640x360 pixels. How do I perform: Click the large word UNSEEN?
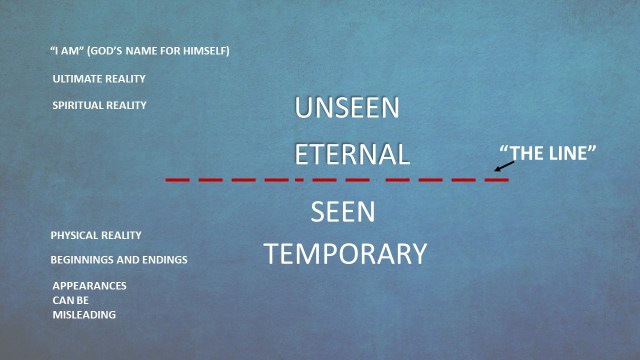pyautogui.click(x=347, y=109)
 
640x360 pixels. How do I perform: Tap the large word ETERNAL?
pyautogui.click(x=352, y=154)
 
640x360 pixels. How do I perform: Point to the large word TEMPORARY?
pyautogui.click(x=345, y=254)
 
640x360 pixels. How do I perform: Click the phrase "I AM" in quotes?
pyautogui.click(x=65, y=51)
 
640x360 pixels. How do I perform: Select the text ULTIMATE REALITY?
pyautogui.click(x=99, y=78)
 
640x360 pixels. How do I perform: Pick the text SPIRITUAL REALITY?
pyautogui.click(x=99, y=105)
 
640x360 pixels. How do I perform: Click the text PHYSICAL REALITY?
pyautogui.click(x=96, y=235)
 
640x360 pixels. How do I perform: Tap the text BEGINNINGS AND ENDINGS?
pyautogui.click(x=119, y=260)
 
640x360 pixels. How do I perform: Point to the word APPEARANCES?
pyautogui.click(x=89, y=285)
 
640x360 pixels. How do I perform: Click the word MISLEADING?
pyautogui.click(x=84, y=315)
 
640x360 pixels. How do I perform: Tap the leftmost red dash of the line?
pyautogui.click(x=178, y=180)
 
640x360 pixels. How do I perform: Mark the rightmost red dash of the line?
pyautogui.click(x=497, y=180)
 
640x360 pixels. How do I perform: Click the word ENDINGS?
pyautogui.click(x=165, y=260)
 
